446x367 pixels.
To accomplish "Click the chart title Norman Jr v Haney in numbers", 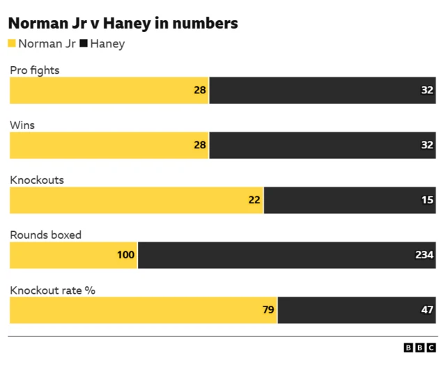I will pos(123,24).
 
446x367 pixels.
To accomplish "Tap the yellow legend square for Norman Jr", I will pos(12,44).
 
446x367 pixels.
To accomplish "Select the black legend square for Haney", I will pos(84,44).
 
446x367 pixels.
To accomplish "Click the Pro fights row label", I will pos(34,70).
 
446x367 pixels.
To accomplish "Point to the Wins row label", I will pos(22,125).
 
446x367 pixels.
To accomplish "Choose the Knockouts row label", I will pos(36,180).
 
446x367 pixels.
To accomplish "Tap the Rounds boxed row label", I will pos(45,235).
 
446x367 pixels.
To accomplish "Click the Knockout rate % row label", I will pos(52,290).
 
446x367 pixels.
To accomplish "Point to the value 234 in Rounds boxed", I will pos(424,255).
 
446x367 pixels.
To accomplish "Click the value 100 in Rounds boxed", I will pos(125,255).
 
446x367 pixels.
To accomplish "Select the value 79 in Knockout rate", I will pos(268,310).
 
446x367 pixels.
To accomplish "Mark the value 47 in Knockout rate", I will pos(427,310).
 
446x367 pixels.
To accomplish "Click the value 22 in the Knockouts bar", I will pos(254,200).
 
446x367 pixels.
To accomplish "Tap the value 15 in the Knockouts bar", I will pos(427,200).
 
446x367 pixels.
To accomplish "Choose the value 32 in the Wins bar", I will pos(427,145).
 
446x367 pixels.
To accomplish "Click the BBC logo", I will pos(420,348).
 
